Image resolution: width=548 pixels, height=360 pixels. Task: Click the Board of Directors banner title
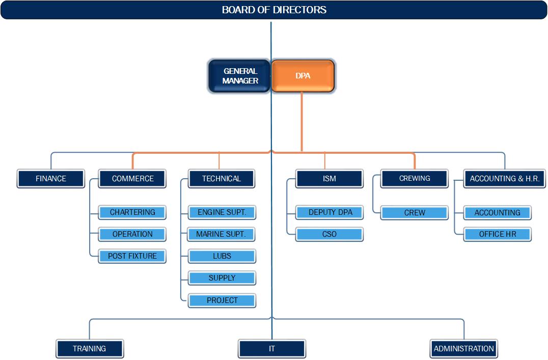coord(274,10)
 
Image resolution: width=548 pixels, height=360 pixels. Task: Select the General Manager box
coord(239,76)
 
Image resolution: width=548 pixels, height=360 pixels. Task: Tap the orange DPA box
coord(303,76)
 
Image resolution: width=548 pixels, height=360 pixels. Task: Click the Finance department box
coord(51,179)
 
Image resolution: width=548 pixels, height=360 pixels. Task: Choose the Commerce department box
coord(132,179)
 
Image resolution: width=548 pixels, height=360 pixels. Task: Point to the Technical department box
coord(222,179)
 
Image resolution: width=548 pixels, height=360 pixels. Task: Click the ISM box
coord(329,179)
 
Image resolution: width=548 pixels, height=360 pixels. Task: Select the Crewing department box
coord(415,178)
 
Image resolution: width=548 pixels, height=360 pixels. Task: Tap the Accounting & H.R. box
coord(505,179)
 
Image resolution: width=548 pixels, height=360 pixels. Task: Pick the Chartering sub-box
coord(132,212)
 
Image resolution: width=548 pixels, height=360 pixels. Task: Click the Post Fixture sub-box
coord(132,256)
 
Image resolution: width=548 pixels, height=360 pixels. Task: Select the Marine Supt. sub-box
coord(222,234)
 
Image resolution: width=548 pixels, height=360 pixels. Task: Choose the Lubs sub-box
coord(222,256)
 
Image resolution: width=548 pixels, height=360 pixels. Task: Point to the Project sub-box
coord(222,300)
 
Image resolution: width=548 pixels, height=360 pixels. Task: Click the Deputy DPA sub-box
coord(330,212)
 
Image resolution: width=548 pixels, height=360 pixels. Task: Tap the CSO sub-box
coord(330,234)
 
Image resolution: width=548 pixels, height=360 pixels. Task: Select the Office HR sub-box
coord(498,234)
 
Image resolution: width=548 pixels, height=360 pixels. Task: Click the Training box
coord(90,348)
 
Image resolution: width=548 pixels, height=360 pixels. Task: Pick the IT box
coord(272,348)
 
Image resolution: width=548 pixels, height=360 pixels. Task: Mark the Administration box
coord(464,348)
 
